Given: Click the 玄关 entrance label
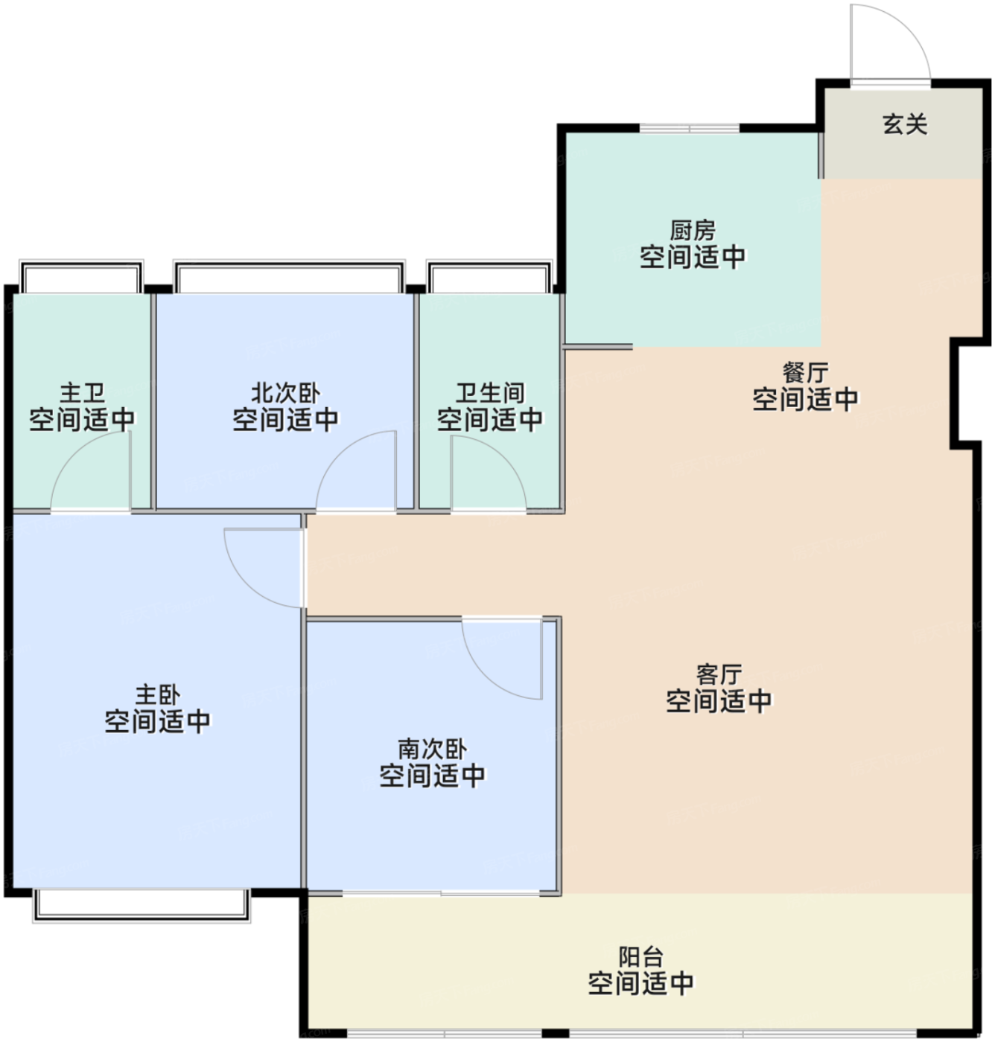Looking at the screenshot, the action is click(x=905, y=124).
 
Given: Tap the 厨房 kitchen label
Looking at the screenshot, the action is click(x=692, y=231).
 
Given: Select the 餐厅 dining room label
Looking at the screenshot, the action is click(x=805, y=373).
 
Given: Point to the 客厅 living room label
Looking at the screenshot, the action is click(x=719, y=675).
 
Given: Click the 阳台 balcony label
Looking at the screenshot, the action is click(x=640, y=957).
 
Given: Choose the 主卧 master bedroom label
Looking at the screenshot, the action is click(x=158, y=694).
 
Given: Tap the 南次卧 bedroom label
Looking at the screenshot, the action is click(x=432, y=749).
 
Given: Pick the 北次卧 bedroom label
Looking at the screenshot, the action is click(x=285, y=393).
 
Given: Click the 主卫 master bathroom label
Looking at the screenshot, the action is click(x=82, y=393).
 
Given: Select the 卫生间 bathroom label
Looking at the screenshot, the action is click(x=490, y=393).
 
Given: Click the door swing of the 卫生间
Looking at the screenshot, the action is click(x=503, y=459).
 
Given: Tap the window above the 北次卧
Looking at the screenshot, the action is click(x=289, y=276).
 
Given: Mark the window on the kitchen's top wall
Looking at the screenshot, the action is click(x=689, y=128).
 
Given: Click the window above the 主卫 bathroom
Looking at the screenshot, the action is click(x=81, y=276).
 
